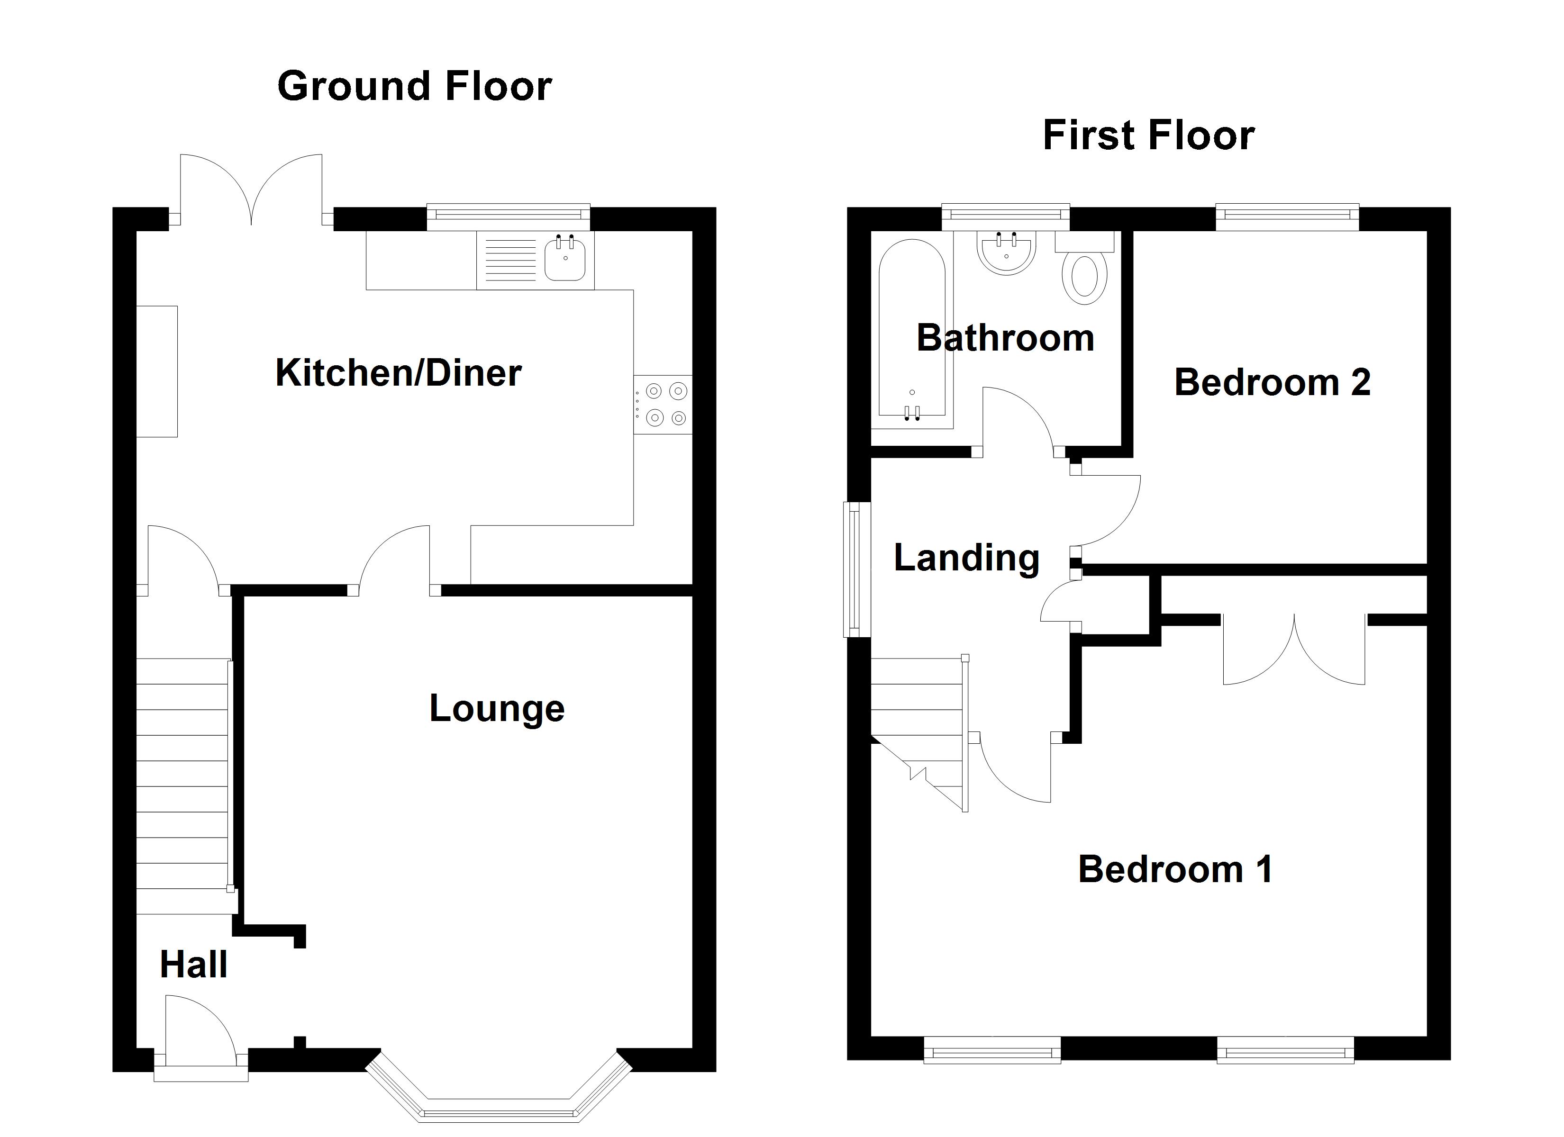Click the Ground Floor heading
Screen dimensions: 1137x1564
[x=414, y=87]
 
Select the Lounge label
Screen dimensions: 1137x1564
[x=497, y=708]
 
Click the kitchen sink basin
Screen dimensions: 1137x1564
[x=565, y=259]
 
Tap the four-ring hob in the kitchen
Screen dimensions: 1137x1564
[x=663, y=404]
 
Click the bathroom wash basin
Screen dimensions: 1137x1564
[x=1006, y=253]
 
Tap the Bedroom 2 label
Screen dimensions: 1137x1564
[x=1273, y=383]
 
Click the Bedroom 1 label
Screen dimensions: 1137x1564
[x=1175, y=869]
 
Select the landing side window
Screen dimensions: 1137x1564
[x=856, y=569]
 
